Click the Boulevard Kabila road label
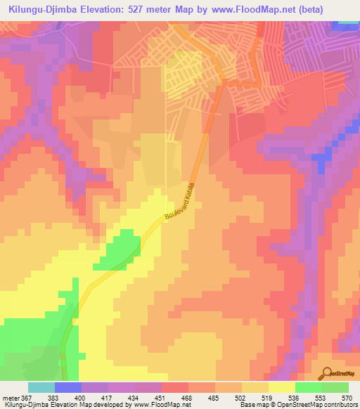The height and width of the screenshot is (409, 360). (179, 202)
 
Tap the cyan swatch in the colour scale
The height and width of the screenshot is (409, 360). (41, 387)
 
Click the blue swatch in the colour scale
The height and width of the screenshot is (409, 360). (68, 387)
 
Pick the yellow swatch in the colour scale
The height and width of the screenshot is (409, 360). (282, 387)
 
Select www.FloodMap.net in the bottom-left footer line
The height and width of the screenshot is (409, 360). (162, 405)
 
